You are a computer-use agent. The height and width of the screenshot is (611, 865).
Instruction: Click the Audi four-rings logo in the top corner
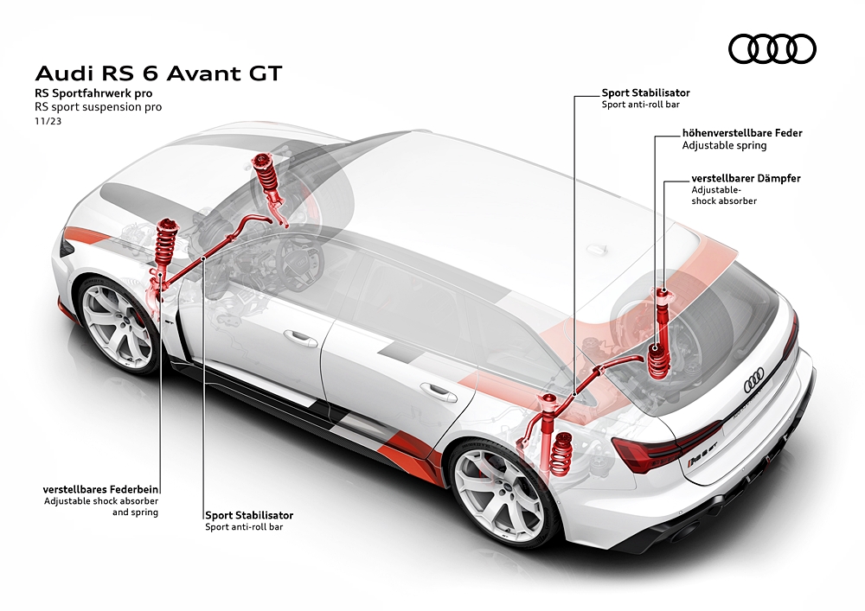[x=772, y=48]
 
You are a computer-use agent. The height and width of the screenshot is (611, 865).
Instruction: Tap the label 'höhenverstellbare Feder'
[x=741, y=133]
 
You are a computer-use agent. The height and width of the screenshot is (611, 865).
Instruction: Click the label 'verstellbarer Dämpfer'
[x=746, y=178]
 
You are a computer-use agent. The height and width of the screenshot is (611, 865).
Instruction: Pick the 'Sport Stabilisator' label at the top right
[x=645, y=92]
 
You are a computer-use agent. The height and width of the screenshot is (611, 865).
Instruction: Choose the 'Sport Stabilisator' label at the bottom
[x=248, y=514]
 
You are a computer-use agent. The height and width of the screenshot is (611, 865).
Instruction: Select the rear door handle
[x=439, y=391]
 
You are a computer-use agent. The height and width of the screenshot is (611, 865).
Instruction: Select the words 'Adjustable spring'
[x=712, y=146]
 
